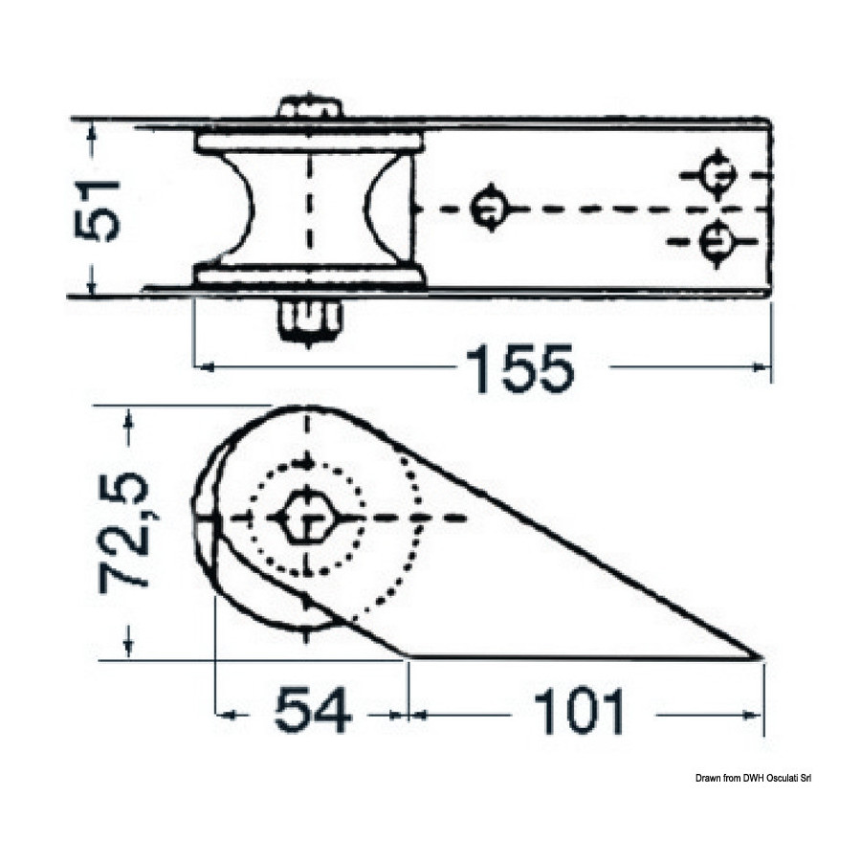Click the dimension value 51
tap(97, 210)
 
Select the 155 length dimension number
tap(519, 368)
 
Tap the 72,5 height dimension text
tap(123, 533)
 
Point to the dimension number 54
tap(313, 711)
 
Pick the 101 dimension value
tap(580, 712)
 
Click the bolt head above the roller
tap(309, 107)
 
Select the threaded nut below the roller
tap(309, 323)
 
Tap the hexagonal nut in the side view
tap(306, 518)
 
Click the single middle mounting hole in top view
tap(490, 209)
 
